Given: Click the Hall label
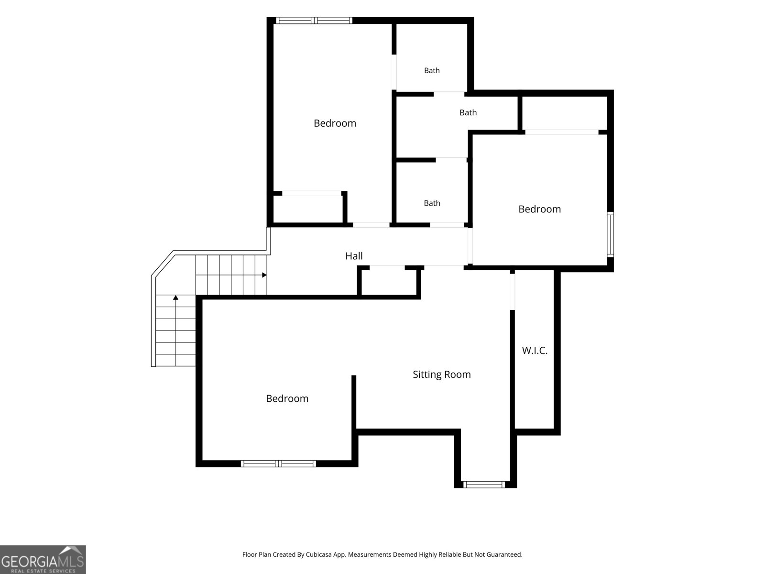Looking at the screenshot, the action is coord(354,256).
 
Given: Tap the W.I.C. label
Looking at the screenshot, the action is coord(535,351).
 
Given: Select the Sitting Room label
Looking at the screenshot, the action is coord(442,375).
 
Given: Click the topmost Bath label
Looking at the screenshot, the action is coord(432,70).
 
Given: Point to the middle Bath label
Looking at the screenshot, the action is coord(468,112).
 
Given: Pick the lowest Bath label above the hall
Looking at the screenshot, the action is coord(432,203).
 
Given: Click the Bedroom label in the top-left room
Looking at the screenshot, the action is coord(335,123).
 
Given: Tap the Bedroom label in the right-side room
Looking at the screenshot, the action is coord(539,209).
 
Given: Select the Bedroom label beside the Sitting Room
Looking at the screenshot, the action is coord(287,399).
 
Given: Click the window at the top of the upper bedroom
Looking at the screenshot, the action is coord(314,21).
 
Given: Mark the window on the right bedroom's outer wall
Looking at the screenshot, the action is coord(610,234).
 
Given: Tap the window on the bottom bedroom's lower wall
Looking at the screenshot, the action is coord(278,464).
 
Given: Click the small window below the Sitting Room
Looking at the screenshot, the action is coord(484,485).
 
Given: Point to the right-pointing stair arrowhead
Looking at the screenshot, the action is coord(264,275).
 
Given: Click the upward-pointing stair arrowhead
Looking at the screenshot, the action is coord(175,298).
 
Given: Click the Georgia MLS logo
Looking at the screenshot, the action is coord(43,560).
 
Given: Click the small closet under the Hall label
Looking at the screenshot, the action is coord(389,282).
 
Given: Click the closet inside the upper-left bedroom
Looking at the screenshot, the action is coord(308,209).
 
